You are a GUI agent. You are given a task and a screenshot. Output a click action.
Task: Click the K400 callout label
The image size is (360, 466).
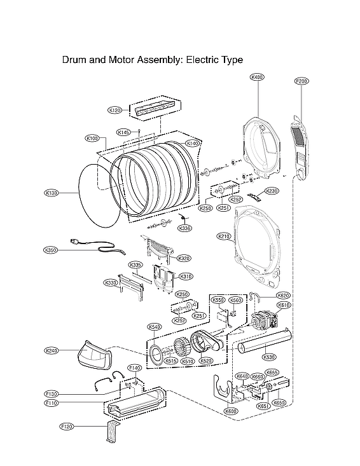point(258,77)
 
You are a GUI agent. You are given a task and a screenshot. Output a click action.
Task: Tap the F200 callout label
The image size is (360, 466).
point(301,81)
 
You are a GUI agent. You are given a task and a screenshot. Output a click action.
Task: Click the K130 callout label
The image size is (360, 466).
point(52,193)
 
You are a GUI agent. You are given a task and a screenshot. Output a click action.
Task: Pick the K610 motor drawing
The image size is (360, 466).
point(265,320)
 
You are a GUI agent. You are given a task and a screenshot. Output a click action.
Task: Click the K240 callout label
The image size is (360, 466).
point(52,350)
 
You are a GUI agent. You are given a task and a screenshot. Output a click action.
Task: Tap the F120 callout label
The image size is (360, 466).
point(67,425)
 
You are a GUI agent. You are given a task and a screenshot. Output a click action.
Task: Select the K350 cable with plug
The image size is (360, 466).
point(95,247)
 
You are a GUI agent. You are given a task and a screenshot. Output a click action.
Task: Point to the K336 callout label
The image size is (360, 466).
point(184,228)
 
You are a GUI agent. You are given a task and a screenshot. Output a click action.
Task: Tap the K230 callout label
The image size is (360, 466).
point(272,191)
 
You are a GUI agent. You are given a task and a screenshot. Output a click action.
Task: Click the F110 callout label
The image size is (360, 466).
point(52,403)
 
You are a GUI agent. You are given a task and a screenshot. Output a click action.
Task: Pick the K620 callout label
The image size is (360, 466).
point(284,296)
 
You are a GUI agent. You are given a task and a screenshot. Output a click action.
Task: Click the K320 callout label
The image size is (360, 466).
point(184,258)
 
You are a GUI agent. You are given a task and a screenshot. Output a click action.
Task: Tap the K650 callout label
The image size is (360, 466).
point(279,402)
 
